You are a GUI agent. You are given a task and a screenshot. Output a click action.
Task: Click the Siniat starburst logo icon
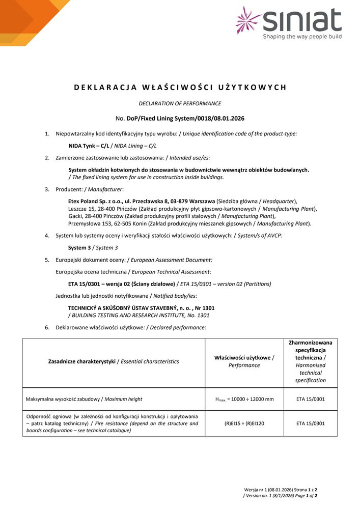pyautogui.click(x=248, y=20)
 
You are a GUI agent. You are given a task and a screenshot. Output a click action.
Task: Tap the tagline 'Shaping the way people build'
pyautogui.click(x=302, y=37)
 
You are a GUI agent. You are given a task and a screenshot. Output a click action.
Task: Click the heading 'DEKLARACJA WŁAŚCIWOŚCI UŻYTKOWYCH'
pyautogui.click(x=180, y=87)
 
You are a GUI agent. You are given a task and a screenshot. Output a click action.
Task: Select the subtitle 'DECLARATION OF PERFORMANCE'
pyautogui.click(x=180, y=103)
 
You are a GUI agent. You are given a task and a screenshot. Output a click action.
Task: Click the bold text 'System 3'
pyautogui.click(x=80, y=248)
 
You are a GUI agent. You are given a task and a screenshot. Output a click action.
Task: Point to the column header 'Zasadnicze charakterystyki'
pyautogui.click(x=81, y=361)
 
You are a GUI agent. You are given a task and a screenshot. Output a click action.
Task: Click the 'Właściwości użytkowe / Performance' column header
pyautogui.click(x=244, y=361)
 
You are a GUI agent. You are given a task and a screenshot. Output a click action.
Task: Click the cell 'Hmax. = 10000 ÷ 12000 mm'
pyautogui.click(x=244, y=399)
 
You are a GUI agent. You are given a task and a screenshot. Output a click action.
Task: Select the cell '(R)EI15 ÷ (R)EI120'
pyautogui.click(x=244, y=423)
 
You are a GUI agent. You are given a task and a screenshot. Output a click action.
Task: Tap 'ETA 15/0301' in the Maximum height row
pyautogui.click(x=311, y=399)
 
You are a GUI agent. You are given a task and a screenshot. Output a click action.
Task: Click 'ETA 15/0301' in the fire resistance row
pyautogui.click(x=311, y=423)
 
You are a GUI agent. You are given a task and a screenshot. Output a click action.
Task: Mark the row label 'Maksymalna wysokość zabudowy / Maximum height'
pyautogui.click(x=84, y=399)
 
